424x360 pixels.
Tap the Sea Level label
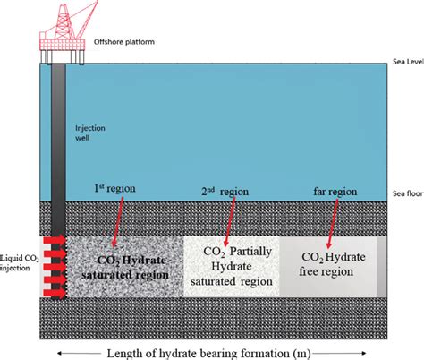point(405,63)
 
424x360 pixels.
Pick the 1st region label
point(112,190)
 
